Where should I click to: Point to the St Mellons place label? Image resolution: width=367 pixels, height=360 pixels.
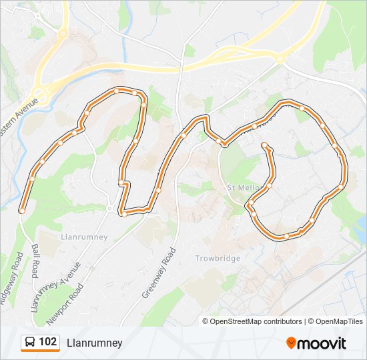click(x=243, y=187)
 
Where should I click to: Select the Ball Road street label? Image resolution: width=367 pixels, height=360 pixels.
click(x=35, y=261)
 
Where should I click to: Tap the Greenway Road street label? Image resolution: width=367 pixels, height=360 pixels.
click(x=158, y=273)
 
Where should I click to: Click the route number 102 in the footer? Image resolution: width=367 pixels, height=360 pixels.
click(x=47, y=342)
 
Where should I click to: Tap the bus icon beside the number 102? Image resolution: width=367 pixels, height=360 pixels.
click(x=30, y=343)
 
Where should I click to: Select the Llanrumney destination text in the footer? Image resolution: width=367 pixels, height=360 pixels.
click(x=94, y=343)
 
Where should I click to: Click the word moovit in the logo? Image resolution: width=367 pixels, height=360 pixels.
click(x=322, y=343)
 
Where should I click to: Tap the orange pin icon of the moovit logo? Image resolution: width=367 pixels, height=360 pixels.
click(x=291, y=343)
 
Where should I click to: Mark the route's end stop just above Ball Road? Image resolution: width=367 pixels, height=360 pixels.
click(x=22, y=211)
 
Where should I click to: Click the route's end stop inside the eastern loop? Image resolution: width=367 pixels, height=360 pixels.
click(x=265, y=145)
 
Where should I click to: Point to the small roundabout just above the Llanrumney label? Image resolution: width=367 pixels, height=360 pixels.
click(x=109, y=209)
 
